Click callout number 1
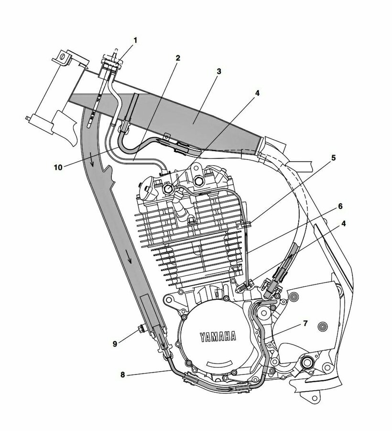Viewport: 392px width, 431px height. click(x=135, y=41)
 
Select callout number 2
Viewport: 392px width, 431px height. click(x=177, y=58)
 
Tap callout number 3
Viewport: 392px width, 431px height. click(x=218, y=71)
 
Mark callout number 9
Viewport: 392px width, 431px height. click(x=114, y=343)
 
